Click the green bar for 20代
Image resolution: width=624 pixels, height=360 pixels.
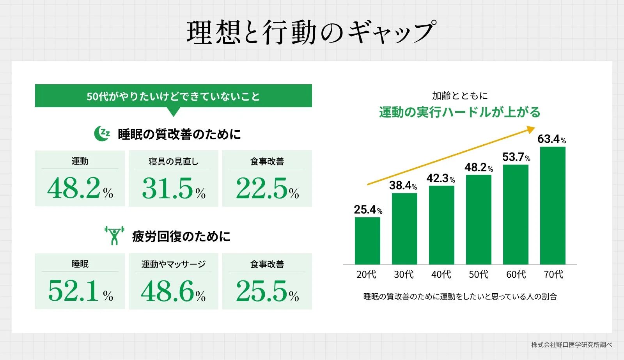pyautogui.click(x=367, y=241)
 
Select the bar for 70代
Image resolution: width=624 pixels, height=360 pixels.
pyautogui.click(x=553, y=206)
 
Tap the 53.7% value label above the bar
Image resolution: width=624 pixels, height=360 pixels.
pyautogui.click(x=516, y=157)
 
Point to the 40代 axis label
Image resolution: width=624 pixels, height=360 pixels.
pyautogui.click(x=441, y=275)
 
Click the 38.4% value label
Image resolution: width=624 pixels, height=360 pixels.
pyautogui.click(x=403, y=185)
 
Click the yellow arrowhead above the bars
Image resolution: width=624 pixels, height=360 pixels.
pyautogui.click(x=531, y=129)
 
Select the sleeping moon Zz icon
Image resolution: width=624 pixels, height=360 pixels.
pyautogui.click(x=102, y=134)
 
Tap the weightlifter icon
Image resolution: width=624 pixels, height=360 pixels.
pyautogui.click(x=114, y=236)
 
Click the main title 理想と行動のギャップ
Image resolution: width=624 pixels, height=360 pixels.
pyautogui.click(x=311, y=32)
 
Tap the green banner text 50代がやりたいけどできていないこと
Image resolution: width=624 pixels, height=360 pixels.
pyautogui.click(x=173, y=96)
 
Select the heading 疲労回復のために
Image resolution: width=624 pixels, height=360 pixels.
pyautogui.click(x=181, y=236)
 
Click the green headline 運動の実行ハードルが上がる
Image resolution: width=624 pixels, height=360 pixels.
pyautogui.click(x=460, y=112)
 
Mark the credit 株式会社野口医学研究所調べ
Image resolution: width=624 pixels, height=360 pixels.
pyautogui.click(x=571, y=345)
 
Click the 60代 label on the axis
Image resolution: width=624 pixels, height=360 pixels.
pyautogui.click(x=516, y=275)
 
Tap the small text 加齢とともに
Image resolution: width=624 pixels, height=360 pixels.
pyautogui.click(x=460, y=96)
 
